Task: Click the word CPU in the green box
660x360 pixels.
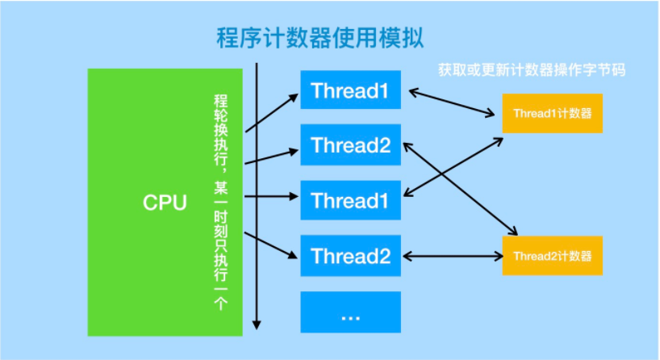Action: (x=165, y=202)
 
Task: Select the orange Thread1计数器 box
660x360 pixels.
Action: (x=553, y=114)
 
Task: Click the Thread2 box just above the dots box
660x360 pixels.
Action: (x=350, y=257)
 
